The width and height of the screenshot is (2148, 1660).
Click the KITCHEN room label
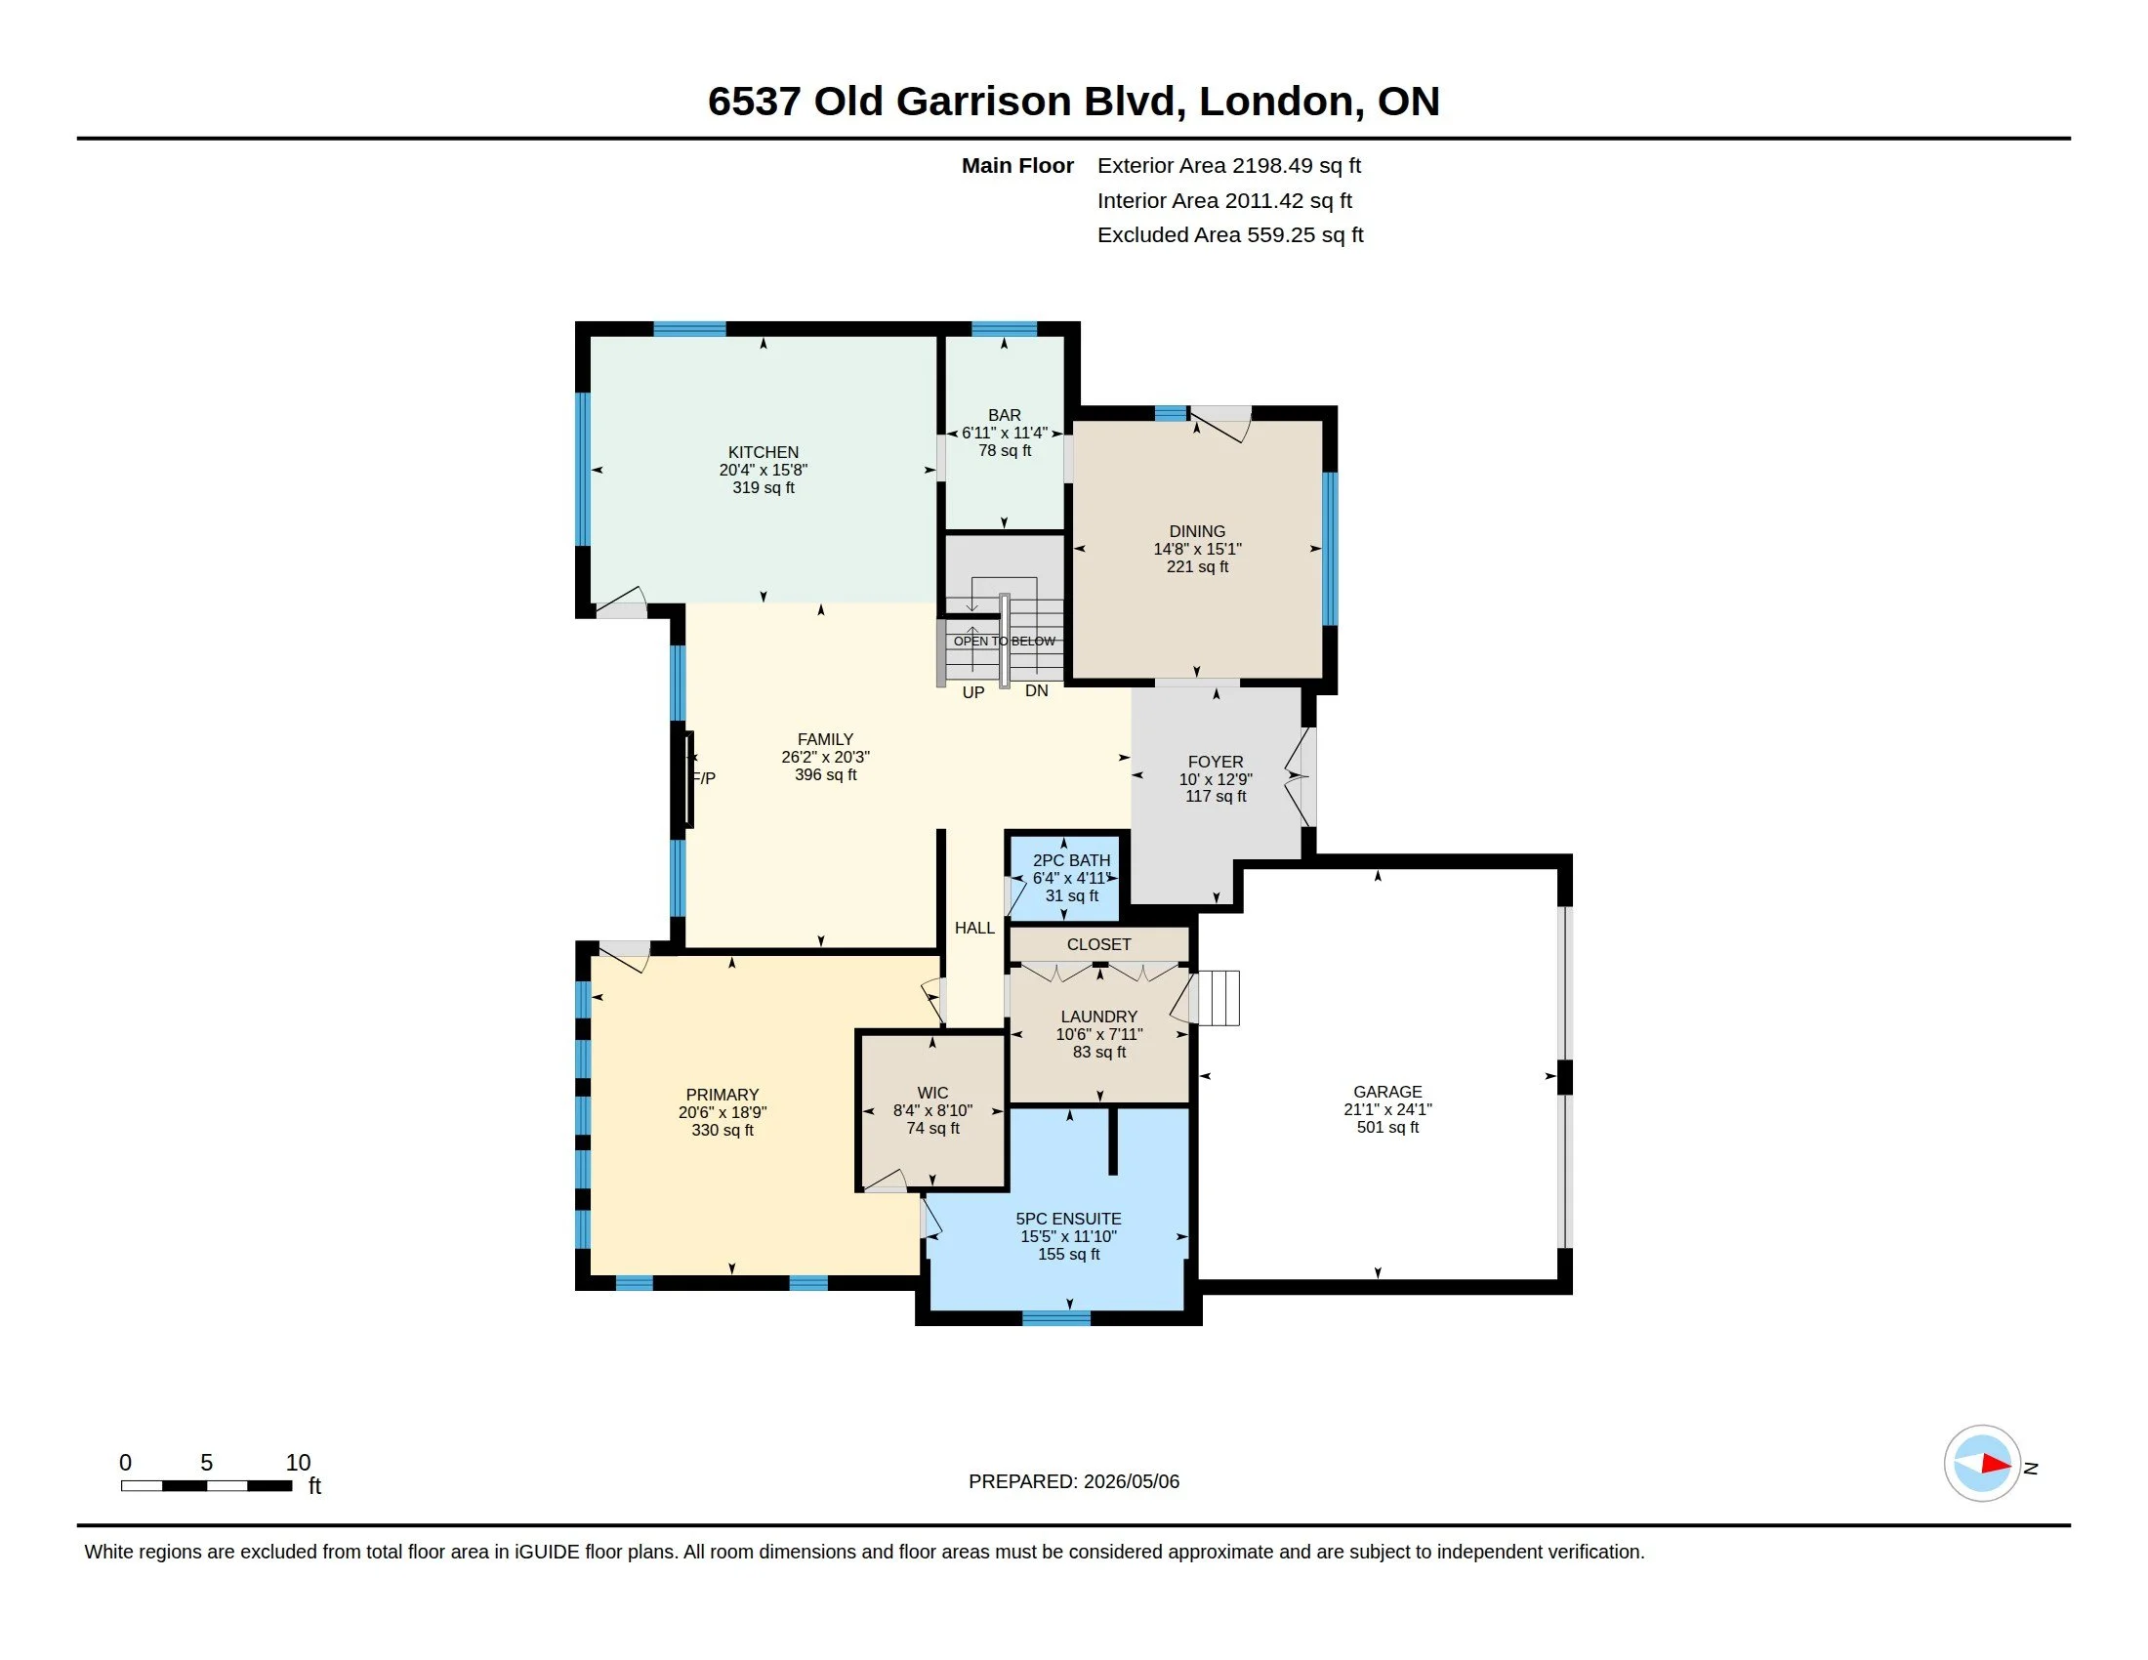tap(764, 452)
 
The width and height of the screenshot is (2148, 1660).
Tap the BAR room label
tap(1004, 415)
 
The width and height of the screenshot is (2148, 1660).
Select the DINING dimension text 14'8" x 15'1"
tap(1197, 549)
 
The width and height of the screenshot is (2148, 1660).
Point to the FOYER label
tap(1216, 762)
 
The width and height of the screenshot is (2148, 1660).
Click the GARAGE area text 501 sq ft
tap(1387, 1127)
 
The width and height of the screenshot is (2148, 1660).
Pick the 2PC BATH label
tap(1071, 860)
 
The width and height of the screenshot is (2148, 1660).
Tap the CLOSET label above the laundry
tap(1098, 944)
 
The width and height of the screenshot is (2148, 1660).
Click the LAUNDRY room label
tap(1098, 1017)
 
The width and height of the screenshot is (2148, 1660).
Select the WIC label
tap(932, 1093)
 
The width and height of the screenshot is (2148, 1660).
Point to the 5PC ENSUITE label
tap(1068, 1219)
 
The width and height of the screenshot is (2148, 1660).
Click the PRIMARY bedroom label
tap(722, 1095)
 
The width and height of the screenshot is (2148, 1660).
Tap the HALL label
tap(974, 928)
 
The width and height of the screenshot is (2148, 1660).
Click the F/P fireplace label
tap(703, 778)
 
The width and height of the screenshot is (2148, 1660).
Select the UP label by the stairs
tap(972, 692)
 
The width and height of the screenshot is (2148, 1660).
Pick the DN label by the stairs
tap(1037, 690)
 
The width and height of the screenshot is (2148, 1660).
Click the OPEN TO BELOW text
tap(1004, 642)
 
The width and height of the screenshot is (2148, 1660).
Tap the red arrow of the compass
tap(1996, 1464)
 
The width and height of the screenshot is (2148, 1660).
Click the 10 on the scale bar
tap(298, 1463)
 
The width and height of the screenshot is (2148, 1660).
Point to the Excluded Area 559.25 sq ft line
tap(1230, 235)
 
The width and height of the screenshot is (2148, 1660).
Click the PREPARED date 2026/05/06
tap(1131, 1481)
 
